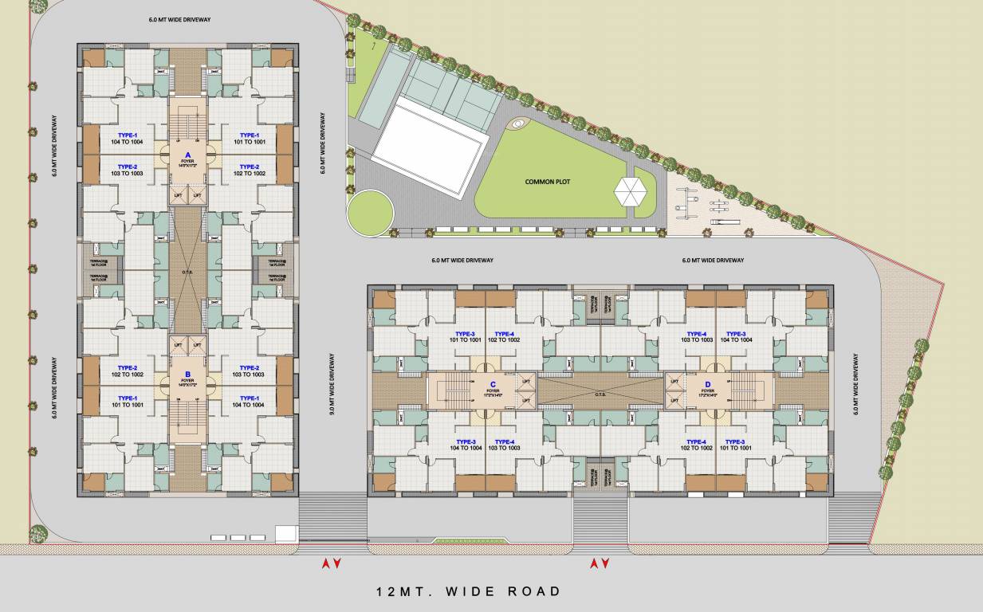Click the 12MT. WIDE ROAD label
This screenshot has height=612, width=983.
tap(469, 591)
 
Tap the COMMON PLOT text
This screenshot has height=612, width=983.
tap(547, 182)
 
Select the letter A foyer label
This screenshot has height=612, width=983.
tap(188, 155)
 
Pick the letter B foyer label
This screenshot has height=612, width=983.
tap(188, 373)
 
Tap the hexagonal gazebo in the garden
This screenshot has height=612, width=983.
tap(629, 191)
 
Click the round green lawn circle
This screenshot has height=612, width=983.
tap(370, 210)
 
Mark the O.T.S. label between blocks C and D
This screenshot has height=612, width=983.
tap(600, 391)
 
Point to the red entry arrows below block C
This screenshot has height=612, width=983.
tap(599, 564)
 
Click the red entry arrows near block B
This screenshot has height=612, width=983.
tap(331, 564)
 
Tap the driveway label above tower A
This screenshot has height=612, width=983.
tap(179, 19)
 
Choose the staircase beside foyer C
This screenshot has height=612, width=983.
tap(452, 391)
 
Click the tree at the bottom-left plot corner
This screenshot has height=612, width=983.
tap(37, 533)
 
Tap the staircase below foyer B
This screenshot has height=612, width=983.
tap(188, 418)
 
